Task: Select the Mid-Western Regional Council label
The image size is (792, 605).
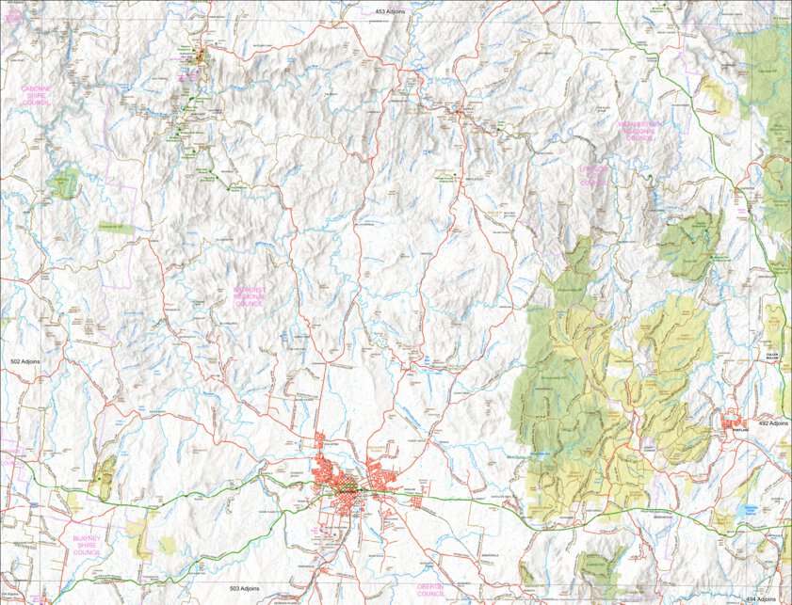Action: (640, 131)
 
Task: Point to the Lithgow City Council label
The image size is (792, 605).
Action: (593, 175)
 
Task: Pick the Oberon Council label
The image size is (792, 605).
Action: (430, 590)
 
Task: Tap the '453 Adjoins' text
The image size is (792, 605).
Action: (390, 11)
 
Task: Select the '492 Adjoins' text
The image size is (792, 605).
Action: (771, 423)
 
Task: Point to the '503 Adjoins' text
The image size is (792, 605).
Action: (243, 587)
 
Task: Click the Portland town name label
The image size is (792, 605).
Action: (740, 434)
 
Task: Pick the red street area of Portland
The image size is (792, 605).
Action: (735, 424)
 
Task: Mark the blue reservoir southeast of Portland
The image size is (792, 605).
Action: (751, 507)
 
